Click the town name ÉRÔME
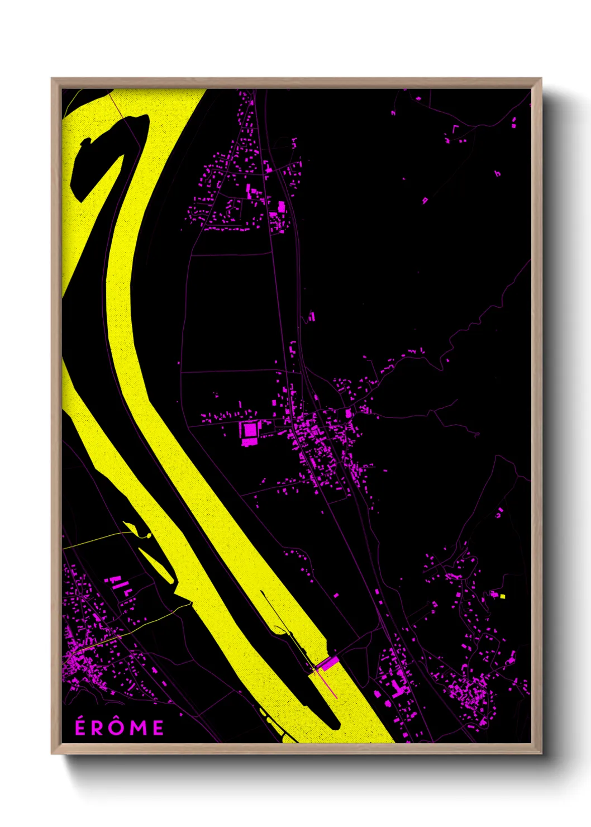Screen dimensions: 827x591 (x=120, y=727)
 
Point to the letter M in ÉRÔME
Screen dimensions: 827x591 (x=139, y=728)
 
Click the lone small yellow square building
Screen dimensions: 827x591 (x=503, y=596)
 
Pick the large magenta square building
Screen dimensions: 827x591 (x=249, y=430)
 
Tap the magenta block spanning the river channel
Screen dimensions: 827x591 (x=328, y=663)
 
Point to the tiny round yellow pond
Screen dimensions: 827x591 (x=149, y=536)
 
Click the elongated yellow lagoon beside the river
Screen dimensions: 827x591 (x=157, y=564)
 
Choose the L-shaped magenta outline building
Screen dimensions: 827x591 (x=454, y=129)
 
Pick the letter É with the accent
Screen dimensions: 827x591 (x=81, y=726)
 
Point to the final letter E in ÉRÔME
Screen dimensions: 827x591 (x=158, y=728)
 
